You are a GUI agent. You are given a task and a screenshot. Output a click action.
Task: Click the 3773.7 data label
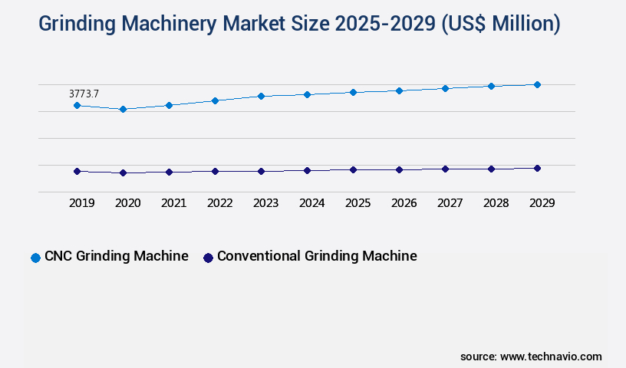84,94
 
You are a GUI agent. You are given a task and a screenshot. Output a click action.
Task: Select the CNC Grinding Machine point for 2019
77,105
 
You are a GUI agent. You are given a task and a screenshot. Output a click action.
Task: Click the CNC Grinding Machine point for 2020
123,109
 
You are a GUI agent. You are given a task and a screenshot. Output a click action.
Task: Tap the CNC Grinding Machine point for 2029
537,84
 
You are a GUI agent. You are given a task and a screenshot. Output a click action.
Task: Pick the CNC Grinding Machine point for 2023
261,96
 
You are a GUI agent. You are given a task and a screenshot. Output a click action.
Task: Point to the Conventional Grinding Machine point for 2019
77,171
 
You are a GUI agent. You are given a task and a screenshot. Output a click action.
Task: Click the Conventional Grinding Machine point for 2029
537,168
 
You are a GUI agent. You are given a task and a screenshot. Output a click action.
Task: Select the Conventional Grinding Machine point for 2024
307,170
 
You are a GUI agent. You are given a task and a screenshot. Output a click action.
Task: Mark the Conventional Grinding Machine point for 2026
399,169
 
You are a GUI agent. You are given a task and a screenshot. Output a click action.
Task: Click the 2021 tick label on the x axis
173,203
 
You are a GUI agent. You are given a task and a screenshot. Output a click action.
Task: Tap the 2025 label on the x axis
357,203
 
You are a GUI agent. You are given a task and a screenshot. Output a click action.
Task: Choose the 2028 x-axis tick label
496,203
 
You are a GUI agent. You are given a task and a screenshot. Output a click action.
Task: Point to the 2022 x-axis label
219,203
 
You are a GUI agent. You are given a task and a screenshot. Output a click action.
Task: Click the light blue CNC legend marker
35,258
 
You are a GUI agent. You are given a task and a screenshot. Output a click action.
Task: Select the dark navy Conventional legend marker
208,258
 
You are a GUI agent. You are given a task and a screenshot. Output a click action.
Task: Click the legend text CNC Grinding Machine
116,256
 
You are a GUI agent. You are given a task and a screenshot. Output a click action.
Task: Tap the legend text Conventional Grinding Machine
317,256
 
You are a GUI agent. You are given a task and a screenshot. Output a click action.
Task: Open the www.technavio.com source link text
551,356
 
